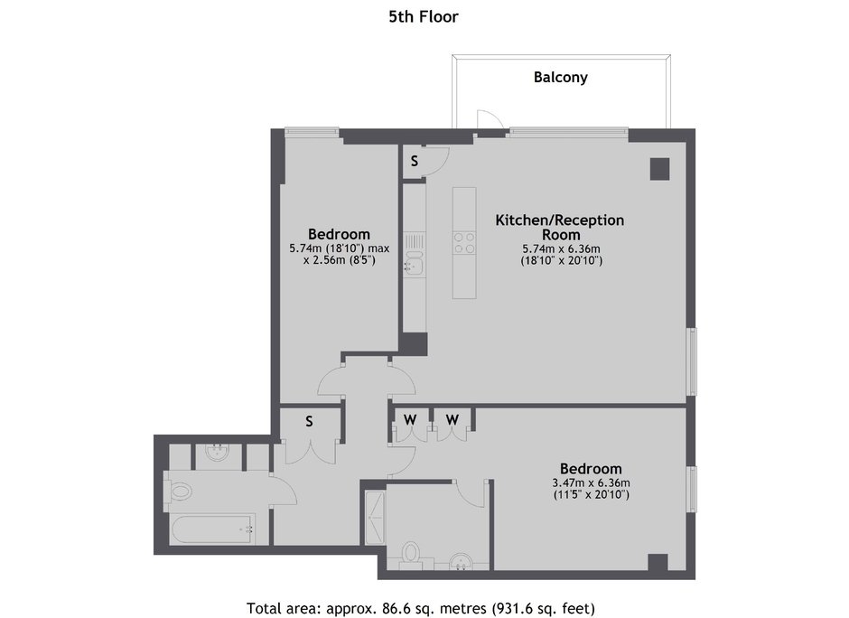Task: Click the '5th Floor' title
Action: [x=424, y=17]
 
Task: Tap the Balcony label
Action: [x=560, y=77]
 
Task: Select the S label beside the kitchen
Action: [x=415, y=160]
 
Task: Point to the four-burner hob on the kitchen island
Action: [x=464, y=243]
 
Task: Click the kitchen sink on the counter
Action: [x=413, y=265]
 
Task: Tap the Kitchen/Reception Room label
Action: [x=560, y=228]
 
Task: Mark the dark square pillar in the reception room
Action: [x=659, y=169]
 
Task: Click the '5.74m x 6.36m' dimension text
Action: [x=561, y=249]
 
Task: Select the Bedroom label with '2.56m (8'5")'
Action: [x=339, y=234]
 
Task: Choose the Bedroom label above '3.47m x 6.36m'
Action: [x=591, y=469]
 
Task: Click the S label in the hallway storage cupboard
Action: [x=309, y=421]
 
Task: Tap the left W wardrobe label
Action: [x=410, y=419]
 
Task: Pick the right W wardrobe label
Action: [x=452, y=419]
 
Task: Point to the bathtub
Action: [x=212, y=530]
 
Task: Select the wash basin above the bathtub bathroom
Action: [x=219, y=454]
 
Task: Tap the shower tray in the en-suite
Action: [x=375, y=518]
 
